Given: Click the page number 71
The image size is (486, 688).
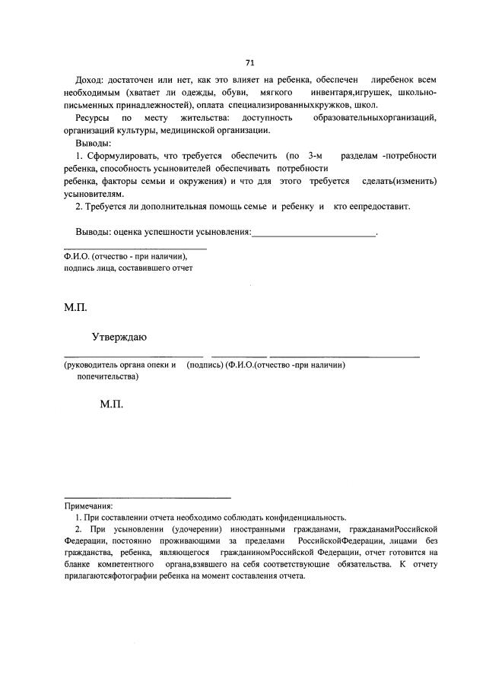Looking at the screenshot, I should [x=249, y=62].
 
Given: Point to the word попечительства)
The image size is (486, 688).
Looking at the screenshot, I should [x=107, y=376].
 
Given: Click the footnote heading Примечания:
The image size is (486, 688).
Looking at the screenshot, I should [x=88, y=505].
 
